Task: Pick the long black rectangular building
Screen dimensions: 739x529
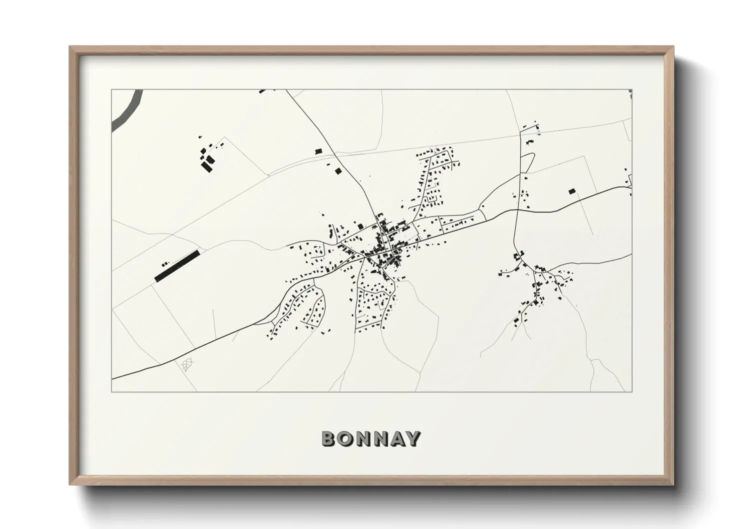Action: tap(177, 266)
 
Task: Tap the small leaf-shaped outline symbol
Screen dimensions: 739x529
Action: tap(187, 365)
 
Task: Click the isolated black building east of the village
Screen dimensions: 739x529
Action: tap(572, 190)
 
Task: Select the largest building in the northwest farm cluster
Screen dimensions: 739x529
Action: tap(207, 165)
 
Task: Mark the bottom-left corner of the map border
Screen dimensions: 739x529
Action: tap(112, 392)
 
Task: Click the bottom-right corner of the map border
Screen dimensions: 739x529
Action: tap(632, 392)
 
